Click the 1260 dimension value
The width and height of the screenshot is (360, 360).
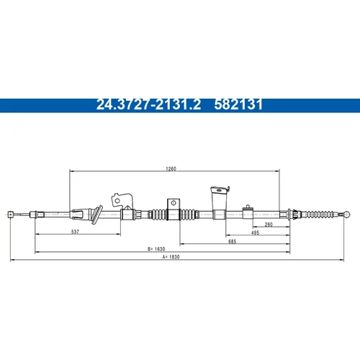coord(171,168)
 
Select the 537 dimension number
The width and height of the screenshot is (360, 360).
coord(75,232)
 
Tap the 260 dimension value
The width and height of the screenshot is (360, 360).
coord(269,225)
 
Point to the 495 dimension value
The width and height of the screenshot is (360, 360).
coord(255,233)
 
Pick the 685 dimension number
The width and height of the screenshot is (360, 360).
coord(232,241)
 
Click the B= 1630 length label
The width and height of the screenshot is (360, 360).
coord(156,249)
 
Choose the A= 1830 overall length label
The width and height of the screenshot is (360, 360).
coord(171,257)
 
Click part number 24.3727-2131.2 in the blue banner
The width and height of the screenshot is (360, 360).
coord(148,104)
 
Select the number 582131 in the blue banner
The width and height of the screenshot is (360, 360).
coord(238,104)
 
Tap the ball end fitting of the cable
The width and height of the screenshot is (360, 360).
coord(347,215)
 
